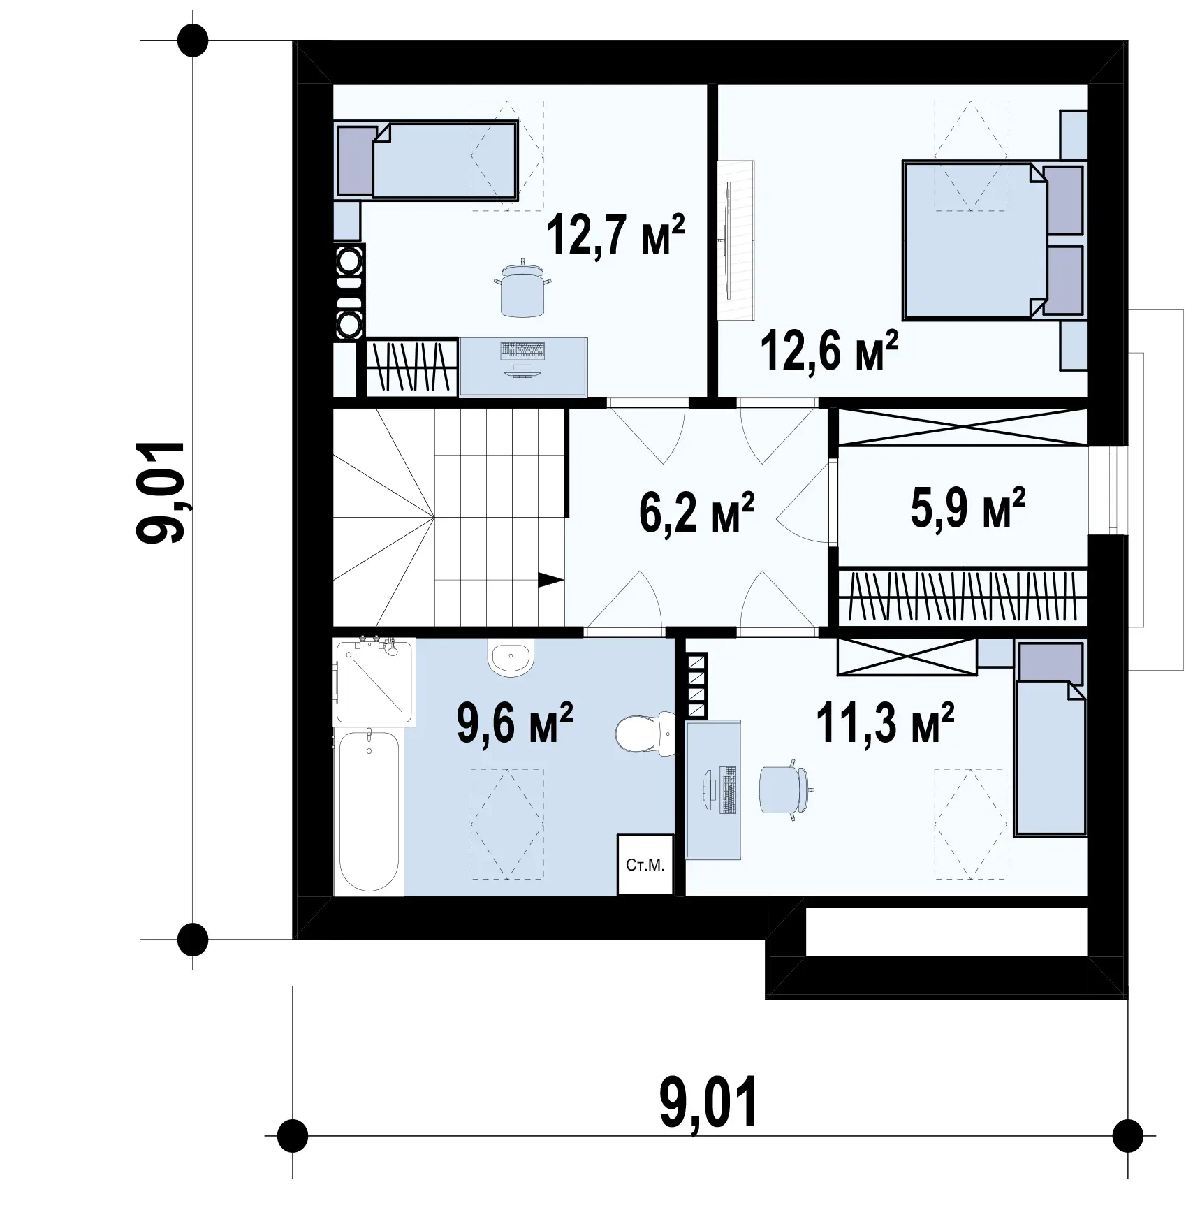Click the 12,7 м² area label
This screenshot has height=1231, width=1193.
coord(615,235)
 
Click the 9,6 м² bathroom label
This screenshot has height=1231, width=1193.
coord(515,724)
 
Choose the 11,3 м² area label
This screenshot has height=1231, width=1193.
coord(885,724)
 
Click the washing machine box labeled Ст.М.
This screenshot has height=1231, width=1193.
coord(645,864)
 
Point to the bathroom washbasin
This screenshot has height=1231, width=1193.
coord(511,657)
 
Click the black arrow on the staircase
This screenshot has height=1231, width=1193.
coord(550,580)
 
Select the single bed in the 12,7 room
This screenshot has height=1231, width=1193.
coord(427,160)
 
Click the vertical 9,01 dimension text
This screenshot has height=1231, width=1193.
coord(161,491)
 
